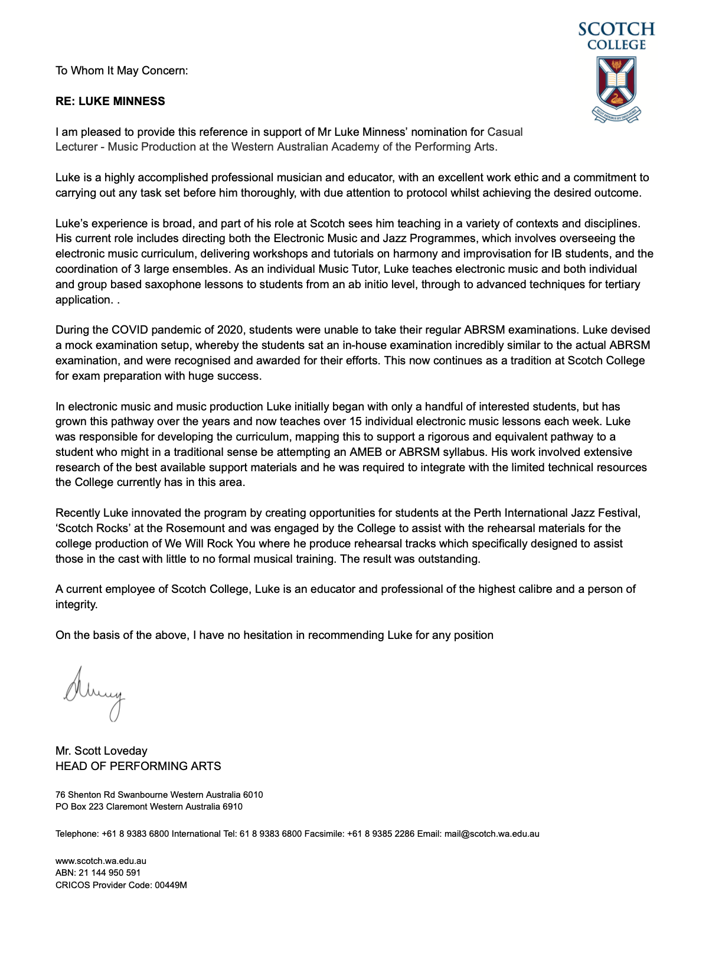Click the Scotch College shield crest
point(616,83)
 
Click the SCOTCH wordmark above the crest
point(616,29)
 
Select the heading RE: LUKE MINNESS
point(110,101)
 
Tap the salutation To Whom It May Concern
point(122,71)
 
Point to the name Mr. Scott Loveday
point(102,751)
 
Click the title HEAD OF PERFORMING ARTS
point(138,766)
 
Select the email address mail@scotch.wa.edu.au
point(492,834)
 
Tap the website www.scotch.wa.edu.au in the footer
point(101,861)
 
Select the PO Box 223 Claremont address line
point(149,807)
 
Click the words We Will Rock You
point(211,543)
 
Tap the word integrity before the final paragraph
point(76,605)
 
